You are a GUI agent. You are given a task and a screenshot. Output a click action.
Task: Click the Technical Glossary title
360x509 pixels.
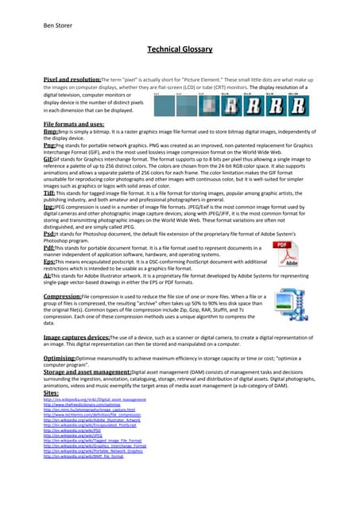tap(180, 50)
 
